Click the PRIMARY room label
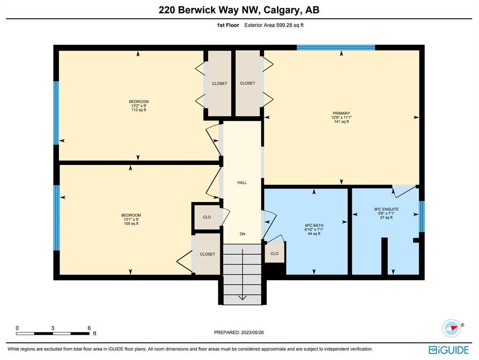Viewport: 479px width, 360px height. point(341,113)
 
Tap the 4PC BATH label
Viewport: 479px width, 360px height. point(314,225)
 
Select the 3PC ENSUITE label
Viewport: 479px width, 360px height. point(386,209)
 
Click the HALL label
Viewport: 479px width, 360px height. point(242,183)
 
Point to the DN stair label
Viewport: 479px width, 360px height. point(242,234)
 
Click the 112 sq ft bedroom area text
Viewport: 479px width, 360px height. point(139,110)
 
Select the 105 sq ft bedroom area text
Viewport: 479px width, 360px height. point(131,224)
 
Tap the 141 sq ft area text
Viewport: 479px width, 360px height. point(342,121)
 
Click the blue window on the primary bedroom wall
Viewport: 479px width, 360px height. point(336,47)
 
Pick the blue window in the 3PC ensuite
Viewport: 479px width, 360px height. point(422,216)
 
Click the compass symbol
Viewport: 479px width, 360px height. point(452,328)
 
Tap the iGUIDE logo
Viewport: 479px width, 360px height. point(449,350)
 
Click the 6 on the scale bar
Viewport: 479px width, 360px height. point(89,328)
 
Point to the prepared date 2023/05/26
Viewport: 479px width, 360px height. point(252,332)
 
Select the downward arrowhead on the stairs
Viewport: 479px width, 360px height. point(242,297)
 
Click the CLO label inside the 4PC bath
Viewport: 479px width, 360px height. point(274,254)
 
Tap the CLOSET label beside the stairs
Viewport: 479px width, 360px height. point(207,254)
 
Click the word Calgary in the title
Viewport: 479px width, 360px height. point(281,10)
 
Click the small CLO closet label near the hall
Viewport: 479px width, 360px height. point(207,217)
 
